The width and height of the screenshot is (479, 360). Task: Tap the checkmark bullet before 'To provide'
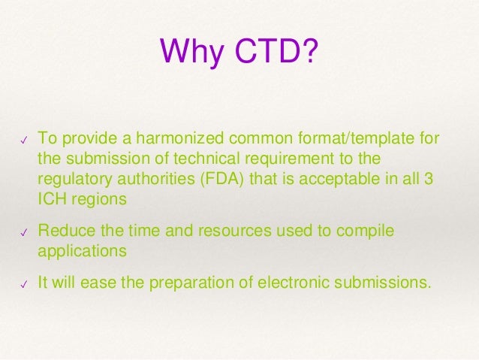24,140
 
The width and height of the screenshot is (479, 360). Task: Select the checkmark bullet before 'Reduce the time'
24,234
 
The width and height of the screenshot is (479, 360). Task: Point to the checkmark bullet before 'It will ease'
24,285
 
